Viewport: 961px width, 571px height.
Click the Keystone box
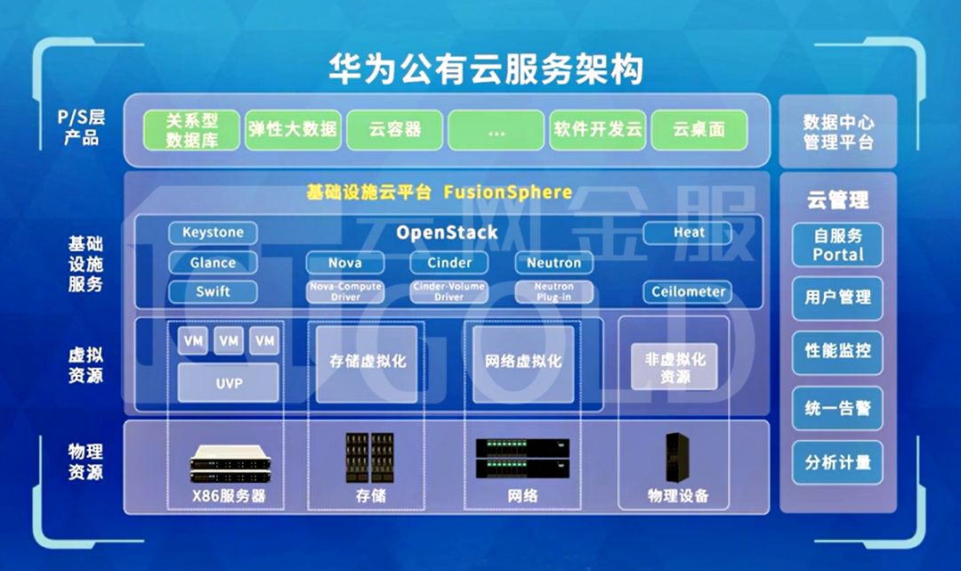click(x=213, y=233)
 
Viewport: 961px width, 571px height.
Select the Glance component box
click(x=213, y=263)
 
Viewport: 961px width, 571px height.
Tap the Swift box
click(x=213, y=291)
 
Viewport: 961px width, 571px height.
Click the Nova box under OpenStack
click(x=345, y=263)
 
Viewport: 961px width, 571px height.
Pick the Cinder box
click(x=449, y=263)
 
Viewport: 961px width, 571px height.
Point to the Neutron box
click(x=553, y=263)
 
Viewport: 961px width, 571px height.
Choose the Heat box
click(x=688, y=233)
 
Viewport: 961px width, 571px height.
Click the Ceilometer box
click(x=688, y=291)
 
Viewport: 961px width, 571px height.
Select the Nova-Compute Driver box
click(x=345, y=291)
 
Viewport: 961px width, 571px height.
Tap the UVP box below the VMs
click(x=228, y=383)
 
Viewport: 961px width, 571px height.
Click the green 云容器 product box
click(x=395, y=129)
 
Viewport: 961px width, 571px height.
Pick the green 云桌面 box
click(x=699, y=129)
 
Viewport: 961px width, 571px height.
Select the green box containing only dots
click(x=496, y=130)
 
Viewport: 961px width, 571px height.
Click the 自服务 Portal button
click(x=837, y=245)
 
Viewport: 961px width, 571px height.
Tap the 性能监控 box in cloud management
click(x=837, y=351)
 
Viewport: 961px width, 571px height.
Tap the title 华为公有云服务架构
click(x=485, y=69)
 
